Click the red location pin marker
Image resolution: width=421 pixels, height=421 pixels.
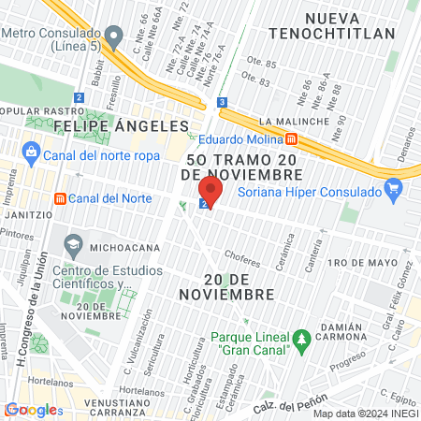[209, 192]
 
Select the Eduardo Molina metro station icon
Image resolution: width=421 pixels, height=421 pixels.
[292, 139]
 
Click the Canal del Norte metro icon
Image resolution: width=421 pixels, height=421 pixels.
[60, 198]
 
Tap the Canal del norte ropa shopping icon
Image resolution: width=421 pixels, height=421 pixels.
[31, 152]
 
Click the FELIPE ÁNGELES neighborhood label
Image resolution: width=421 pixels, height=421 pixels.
[121, 124]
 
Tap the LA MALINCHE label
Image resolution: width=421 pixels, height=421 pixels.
[294, 122]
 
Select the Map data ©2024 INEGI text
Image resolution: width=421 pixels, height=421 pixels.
[364, 414]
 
